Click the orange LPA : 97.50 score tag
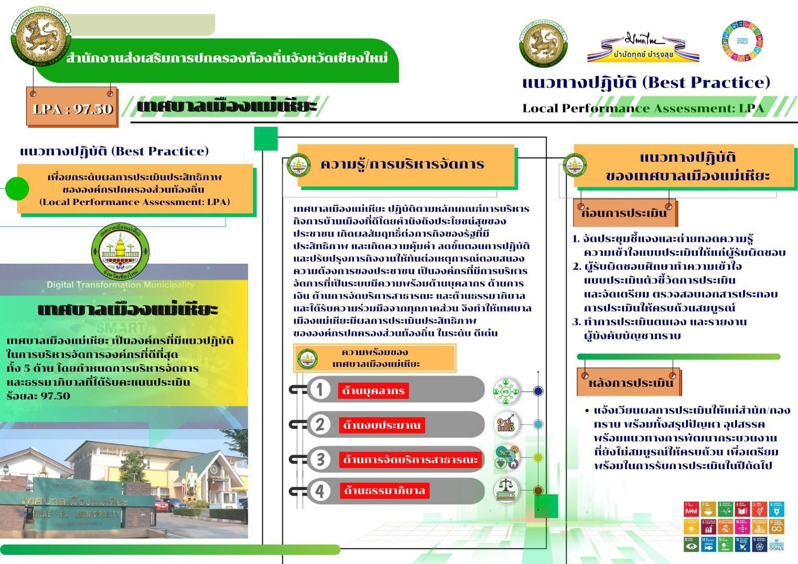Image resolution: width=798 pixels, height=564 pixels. (72, 109)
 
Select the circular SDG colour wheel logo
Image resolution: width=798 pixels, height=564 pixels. (742, 41)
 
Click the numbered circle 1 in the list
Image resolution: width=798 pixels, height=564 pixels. (320, 389)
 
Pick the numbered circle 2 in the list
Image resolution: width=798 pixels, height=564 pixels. (320, 424)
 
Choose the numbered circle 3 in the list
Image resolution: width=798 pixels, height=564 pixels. (320, 459)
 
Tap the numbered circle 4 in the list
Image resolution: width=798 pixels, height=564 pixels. (320, 491)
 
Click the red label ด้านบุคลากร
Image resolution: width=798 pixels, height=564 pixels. (373, 391)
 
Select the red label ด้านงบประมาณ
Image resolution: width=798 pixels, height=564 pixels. (381, 425)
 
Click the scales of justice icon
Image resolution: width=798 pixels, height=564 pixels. (506, 490)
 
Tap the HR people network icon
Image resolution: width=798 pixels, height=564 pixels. (506, 391)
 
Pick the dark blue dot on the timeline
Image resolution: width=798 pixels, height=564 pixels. (538, 391)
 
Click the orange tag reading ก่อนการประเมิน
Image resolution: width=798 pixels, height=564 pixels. (624, 213)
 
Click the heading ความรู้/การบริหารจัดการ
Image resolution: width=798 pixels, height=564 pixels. (402, 165)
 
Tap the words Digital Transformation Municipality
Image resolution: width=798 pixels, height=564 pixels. (121, 285)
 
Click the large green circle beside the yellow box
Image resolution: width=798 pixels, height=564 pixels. (17, 189)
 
